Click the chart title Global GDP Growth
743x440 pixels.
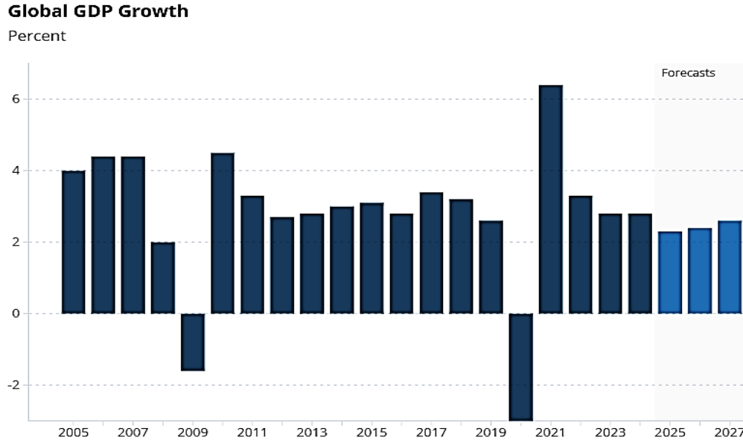click(x=98, y=12)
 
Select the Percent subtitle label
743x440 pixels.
click(x=36, y=36)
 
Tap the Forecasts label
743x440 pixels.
click(x=688, y=73)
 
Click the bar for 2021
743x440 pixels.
click(x=550, y=200)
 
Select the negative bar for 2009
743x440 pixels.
click(x=192, y=342)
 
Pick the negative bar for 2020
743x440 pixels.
click(x=520, y=366)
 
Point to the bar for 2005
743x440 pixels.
click(x=73, y=242)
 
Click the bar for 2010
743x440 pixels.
click(x=222, y=233)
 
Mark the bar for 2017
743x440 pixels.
click(x=431, y=253)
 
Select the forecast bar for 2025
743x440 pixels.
click(x=670, y=272)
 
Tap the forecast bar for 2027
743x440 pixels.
click(x=730, y=267)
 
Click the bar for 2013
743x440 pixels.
click(x=312, y=264)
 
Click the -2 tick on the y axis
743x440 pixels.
click(x=12, y=385)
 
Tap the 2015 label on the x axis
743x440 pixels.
click(x=371, y=433)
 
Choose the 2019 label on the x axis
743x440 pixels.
click(x=491, y=433)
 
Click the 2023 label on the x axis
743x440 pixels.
click(x=610, y=433)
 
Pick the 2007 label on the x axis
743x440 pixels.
click(x=133, y=433)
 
